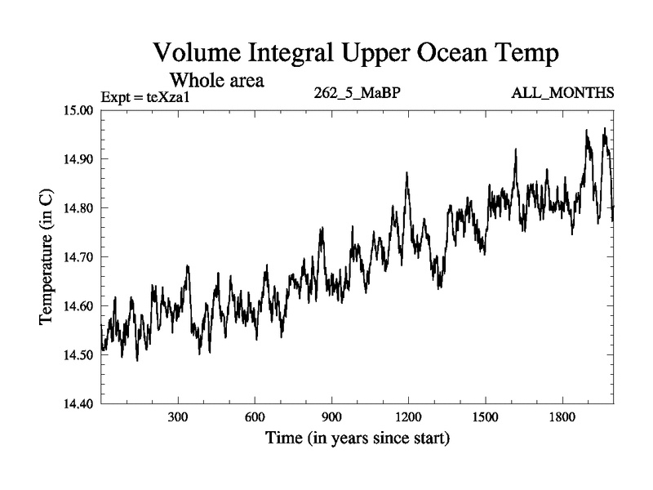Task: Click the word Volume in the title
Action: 202,54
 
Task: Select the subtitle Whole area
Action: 216,81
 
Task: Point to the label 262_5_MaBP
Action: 357,92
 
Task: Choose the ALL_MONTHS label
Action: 562,92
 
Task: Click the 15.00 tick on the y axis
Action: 79,110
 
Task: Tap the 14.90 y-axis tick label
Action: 79,159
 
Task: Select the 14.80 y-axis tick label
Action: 79,208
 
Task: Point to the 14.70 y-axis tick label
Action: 79,257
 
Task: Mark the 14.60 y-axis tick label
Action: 79,306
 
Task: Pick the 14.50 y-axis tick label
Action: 79,355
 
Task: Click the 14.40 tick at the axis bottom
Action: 79,403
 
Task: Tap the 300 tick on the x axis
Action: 178,417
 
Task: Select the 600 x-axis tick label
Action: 255,417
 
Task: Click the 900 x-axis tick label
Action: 331,417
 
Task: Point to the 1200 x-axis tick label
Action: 408,417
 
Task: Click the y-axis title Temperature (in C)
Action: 47,257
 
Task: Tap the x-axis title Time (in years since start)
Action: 357,439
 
